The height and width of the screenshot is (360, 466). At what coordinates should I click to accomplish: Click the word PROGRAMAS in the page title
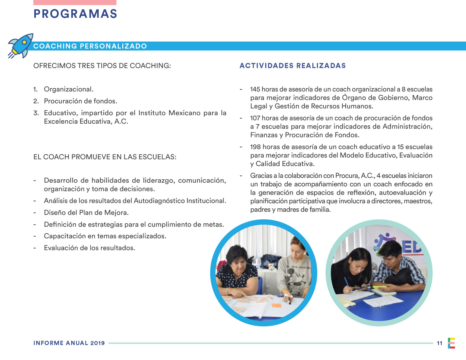(x=75, y=14)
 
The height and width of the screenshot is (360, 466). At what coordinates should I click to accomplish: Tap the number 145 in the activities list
(x=255, y=89)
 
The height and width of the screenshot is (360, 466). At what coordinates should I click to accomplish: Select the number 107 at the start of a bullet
(x=255, y=118)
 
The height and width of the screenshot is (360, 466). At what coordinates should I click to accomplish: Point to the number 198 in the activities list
(x=255, y=147)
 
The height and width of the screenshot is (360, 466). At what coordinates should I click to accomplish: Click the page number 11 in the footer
(x=439, y=343)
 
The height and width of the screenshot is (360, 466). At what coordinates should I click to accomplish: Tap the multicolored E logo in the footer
(x=451, y=343)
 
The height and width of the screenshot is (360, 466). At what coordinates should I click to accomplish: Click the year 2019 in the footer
(x=97, y=343)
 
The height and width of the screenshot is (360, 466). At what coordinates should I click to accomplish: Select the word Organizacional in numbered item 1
(x=68, y=89)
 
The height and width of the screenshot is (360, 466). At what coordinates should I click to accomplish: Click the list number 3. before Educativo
(x=36, y=113)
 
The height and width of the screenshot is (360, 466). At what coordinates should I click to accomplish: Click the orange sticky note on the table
(x=276, y=305)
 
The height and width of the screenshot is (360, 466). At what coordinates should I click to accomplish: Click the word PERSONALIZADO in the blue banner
(x=113, y=46)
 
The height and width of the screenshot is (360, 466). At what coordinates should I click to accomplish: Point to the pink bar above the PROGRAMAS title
(x=75, y=2)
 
